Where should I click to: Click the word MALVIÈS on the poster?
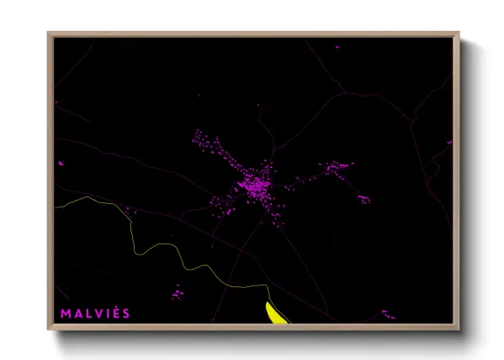click(95, 314)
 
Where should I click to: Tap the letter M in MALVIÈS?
click(65, 314)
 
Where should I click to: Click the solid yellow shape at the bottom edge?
click(276, 313)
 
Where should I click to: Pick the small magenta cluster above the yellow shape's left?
click(177, 294)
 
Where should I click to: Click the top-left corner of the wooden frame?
click(48, 33)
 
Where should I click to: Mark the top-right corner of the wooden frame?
click(459, 33)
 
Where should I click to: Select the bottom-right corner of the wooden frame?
click(459, 330)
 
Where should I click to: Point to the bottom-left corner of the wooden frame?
click(48, 330)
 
